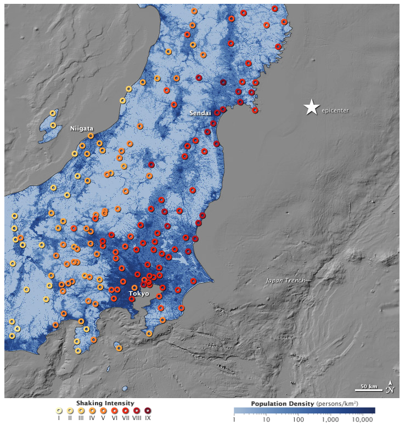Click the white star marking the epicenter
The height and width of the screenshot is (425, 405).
[311, 107]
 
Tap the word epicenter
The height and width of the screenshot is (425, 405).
[335, 110]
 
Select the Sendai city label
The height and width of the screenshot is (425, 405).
[200, 113]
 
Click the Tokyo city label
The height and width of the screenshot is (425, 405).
[139, 294]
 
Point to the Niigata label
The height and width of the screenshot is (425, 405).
[81, 129]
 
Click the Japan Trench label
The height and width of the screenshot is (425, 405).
[285, 280]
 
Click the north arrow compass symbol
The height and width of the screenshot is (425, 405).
[390, 387]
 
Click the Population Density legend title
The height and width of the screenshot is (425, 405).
[282, 403]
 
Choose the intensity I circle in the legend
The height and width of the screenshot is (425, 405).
[58, 411]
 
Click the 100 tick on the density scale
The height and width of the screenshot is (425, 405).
[299, 420]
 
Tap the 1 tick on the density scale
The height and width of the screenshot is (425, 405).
[234, 420]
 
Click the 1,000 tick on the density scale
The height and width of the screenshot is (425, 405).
[331, 420]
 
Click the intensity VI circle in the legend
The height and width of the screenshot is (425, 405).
[114, 411]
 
